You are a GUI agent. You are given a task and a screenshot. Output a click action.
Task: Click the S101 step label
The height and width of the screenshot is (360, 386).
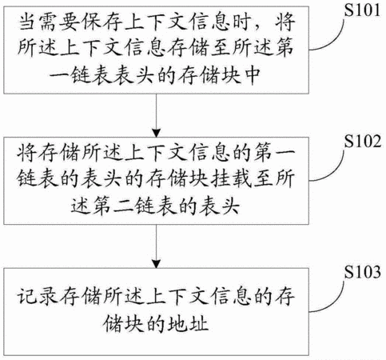click(x=362, y=10)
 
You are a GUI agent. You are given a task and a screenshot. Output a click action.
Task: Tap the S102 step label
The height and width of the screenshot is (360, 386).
click(x=362, y=141)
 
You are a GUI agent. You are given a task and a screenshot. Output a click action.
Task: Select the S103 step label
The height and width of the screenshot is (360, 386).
click(x=362, y=272)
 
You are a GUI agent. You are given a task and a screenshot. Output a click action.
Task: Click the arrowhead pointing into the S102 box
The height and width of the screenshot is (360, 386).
click(x=156, y=133)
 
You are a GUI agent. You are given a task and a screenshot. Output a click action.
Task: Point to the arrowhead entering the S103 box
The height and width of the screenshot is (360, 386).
click(x=156, y=263)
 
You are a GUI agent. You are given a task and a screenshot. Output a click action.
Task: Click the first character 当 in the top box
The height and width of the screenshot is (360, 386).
click(x=28, y=22)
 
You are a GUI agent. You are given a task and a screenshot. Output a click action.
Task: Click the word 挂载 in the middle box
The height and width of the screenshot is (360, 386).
click(x=231, y=178)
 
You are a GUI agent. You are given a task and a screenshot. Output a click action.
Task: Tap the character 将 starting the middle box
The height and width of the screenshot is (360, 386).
click(x=26, y=153)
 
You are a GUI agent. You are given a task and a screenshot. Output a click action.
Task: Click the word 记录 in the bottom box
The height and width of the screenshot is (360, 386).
click(x=38, y=296)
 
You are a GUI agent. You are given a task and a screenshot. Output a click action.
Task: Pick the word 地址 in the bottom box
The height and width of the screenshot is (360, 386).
click(x=189, y=324)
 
